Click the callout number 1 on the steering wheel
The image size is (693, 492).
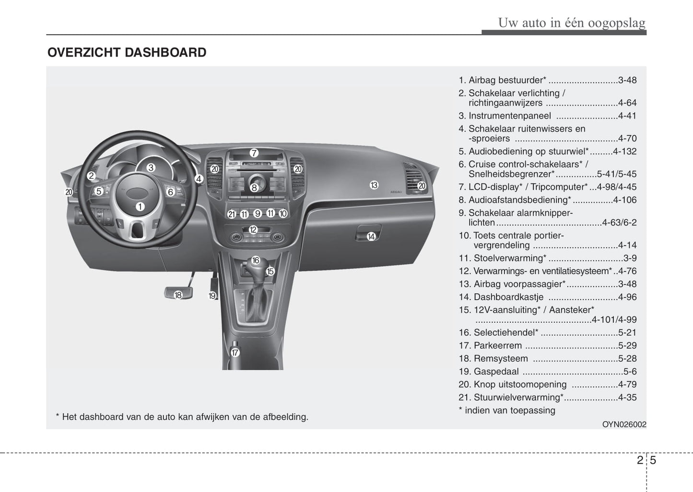click(x=140, y=207)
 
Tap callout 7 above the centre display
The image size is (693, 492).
click(x=254, y=153)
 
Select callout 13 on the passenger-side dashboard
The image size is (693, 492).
click(x=374, y=185)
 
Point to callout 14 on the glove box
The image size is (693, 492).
click(x=371, y=236)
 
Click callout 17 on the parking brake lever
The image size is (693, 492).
click(x=235, y=352)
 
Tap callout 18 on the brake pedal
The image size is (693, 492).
click(x=178, y=295)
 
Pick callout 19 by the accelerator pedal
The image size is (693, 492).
click(x=212, y=296)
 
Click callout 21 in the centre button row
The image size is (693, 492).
click(x=232, y=214)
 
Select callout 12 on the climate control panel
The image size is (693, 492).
click(x=253, y=230)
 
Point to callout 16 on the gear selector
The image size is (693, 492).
click(x=255, y=260)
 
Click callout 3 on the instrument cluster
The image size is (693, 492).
click(x=151, y=168)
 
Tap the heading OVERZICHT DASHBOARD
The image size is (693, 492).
click(x=127, y=52)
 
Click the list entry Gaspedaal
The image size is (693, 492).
click(x=496, y=372)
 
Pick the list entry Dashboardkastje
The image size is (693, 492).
click(x=508, y=297)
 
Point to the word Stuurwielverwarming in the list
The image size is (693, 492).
click(x=517, y=398)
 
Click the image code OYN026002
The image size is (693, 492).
click(x=624, y=424)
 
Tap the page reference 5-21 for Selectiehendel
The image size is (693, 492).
click(x=627, y=333)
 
